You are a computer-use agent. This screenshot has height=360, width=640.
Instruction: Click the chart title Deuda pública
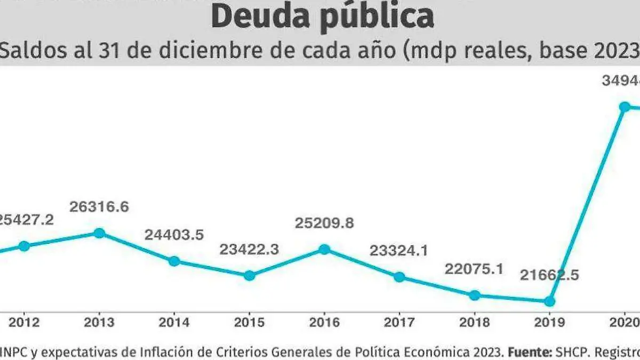point(322,17)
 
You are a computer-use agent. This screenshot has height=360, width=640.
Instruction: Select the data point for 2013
point(99,233)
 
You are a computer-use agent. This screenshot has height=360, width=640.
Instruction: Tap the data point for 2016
point(324,249)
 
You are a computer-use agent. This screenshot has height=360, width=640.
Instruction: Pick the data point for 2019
point(549,301)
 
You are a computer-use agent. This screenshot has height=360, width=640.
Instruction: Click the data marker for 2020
point(624,107)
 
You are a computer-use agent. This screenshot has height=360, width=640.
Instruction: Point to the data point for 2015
point(249,276)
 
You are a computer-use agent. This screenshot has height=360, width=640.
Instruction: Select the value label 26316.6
point(99,207)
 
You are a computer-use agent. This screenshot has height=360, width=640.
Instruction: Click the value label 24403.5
point(174,234)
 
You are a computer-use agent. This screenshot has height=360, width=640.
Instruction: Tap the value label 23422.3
point(249,249)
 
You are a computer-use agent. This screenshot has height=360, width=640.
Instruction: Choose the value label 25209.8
point(324,223)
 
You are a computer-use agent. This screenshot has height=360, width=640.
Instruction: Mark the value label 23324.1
point(398,250)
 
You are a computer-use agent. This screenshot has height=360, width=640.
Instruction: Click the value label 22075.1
point(474,269)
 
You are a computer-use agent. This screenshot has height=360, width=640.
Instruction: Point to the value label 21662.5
point(549,276)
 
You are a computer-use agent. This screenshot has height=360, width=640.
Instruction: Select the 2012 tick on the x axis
point(24,323)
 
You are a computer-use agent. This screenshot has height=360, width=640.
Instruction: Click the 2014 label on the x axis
point(174,323)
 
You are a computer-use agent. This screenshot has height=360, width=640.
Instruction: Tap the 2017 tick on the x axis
point(399,323)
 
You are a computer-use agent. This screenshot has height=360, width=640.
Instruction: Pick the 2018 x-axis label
point(474,323)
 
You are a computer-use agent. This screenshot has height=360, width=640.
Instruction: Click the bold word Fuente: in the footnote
point(530,352)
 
